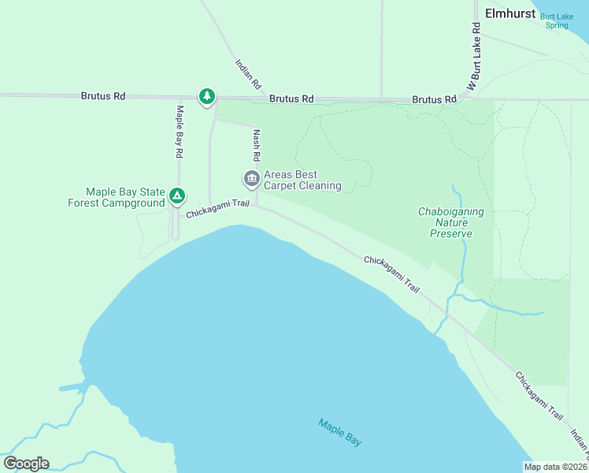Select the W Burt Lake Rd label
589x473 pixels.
475,56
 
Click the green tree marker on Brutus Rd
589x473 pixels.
206,96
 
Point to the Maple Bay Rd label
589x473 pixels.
180,130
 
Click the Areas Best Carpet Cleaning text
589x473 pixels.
302,181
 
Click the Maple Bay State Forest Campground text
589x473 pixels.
116,197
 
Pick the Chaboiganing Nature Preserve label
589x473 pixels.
451,222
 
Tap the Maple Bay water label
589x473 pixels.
340,432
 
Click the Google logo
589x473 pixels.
26,464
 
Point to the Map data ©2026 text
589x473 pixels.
556,467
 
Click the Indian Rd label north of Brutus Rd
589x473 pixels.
248,73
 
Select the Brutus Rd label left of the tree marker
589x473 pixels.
102,96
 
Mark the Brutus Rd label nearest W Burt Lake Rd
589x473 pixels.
434,100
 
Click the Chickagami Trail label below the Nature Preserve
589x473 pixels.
391,274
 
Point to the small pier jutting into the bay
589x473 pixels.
72,387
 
